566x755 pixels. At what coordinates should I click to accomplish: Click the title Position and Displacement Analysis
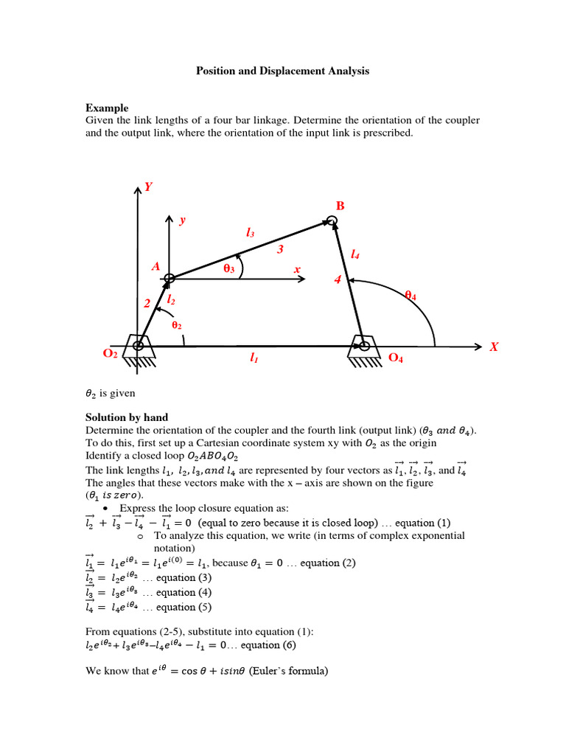[282, 72]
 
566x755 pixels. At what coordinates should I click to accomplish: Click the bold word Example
[107, 108]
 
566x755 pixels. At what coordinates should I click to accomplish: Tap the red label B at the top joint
[340, 206]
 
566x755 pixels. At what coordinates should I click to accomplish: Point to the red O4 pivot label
[396, 358]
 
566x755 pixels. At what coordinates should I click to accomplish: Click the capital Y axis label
[148, 187]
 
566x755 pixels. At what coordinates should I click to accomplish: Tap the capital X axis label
[495, 347]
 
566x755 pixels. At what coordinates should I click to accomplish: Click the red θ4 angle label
[410, 296]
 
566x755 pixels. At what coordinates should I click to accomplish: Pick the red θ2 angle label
[176, 324]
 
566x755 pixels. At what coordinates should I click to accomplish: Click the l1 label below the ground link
[254, 358]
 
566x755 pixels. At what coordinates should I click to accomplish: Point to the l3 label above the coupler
[251, 232]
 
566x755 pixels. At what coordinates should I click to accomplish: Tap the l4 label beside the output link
[355, 254]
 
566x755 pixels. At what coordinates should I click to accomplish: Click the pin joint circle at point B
[332, 220]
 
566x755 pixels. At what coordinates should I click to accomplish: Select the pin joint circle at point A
[170, 278]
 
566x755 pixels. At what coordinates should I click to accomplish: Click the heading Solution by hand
[127, 417]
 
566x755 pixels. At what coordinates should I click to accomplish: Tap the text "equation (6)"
[283, 644]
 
